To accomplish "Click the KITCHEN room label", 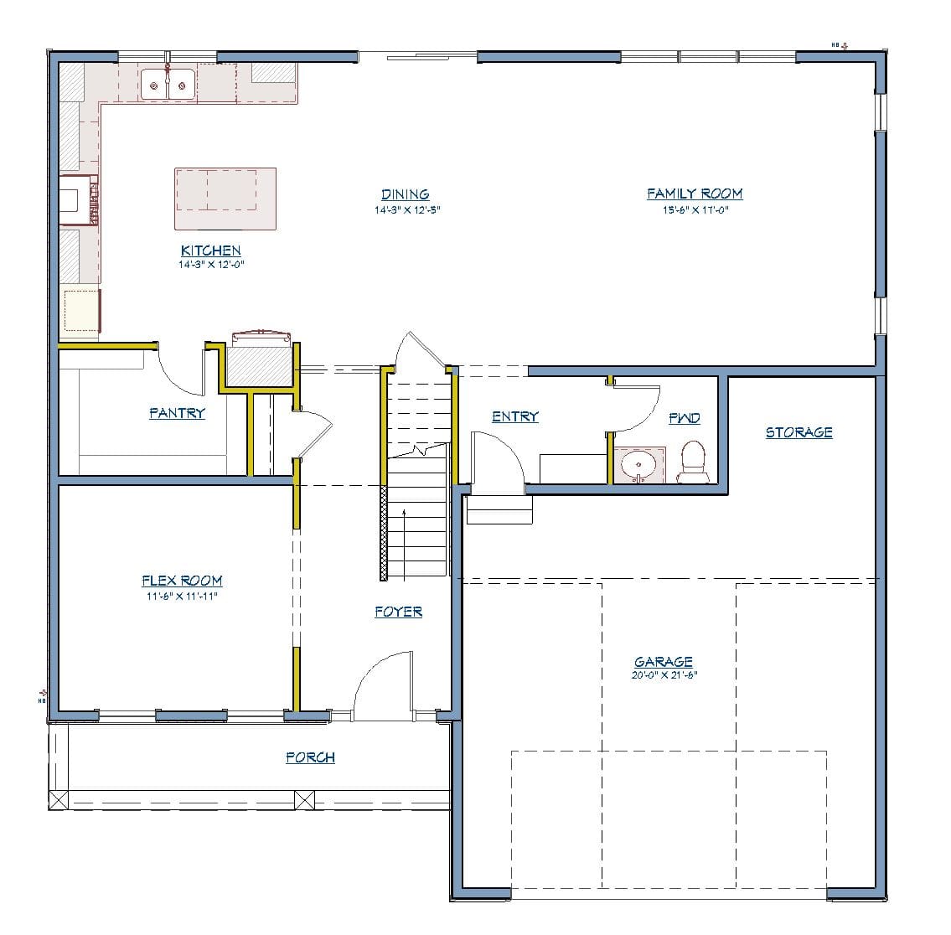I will (x=211, y=251).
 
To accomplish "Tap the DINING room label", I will (x=406, y=194).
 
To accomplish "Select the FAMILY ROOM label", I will (x=695, y=194).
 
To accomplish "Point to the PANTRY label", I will (x=177, y=413).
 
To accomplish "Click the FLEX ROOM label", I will (x=182, y=581).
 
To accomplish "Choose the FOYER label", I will (x=398, y=612).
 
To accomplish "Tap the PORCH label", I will (x=310, y=757).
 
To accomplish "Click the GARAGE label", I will (x=663, y=662).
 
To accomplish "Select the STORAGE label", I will (x=799, y=432).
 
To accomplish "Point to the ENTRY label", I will (x=514, y=416).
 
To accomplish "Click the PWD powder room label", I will (x=684, y=418).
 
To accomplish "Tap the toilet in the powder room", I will (x=692, y=462).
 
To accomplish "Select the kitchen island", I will (x=225, y=198).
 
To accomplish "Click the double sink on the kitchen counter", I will (x=168, y=84).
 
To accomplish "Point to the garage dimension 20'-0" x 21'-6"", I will (x=664, y=674).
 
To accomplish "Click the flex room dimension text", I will (x=182, y=596).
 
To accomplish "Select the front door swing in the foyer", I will (x=381, y=683).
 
